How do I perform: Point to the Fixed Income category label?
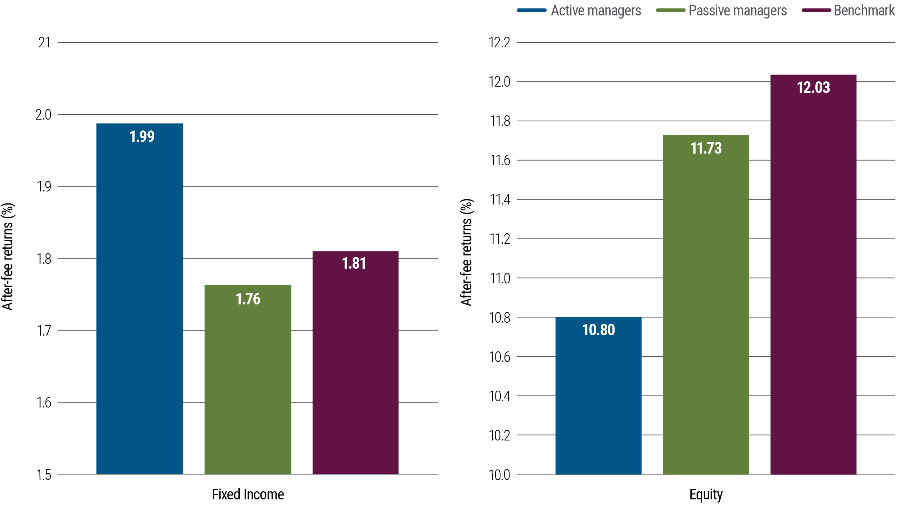point(248,494)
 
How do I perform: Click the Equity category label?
point(706,494)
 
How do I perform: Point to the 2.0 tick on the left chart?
point(43,115)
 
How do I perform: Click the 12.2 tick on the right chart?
point(500,43)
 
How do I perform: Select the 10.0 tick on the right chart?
point(500,475)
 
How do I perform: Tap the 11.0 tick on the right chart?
point(500,278)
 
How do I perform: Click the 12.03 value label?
point(813,88)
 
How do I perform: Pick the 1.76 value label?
point(248,299)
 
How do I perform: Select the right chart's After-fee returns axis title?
point(467,252)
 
